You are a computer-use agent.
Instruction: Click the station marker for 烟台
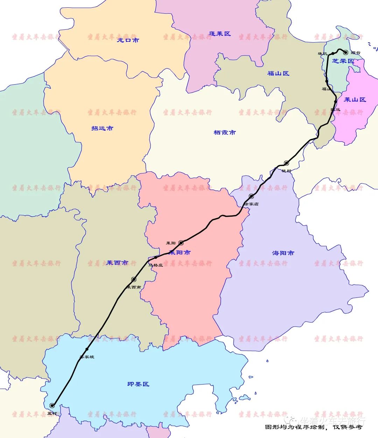pyautogui.click(x=345, y=52)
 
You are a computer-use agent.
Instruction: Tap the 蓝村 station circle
pyautogui.click(x=52, y=405)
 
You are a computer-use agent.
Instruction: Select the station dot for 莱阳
pyautogui.click(x=181, y=243)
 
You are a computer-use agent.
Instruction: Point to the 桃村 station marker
pyautogui.click(x=286, y=163)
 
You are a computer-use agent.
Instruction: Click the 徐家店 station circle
pyautogui.click(x=251, y=196)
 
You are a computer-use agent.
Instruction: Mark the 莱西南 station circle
pyautogui.click(x=134, y=279)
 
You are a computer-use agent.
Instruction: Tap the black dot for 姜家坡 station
pyautogui.click(x=87, y=349)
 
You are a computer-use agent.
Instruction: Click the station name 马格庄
pyautogui.click(x=156, y=265)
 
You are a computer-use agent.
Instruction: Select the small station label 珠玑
pyautogui.click(x=322, y=53)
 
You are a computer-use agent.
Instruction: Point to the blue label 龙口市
pyautogui.click(x=128, y=40)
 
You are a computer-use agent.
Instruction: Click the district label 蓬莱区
pyautogui.click(x=220, y=34)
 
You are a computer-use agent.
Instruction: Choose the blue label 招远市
pyautogui.click(x=102, y=128)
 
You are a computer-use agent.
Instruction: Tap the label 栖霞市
pyautogui.click(x=224, y=132)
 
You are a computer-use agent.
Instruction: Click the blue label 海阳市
pyautogui.click(x=283, y=253)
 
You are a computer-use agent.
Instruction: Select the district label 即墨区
pyautogui.click(x=138, y=384)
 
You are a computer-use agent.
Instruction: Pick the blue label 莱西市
pyautogui.click(x=117, y=263)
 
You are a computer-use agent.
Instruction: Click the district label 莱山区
pyautogui.click(x=355, y=100)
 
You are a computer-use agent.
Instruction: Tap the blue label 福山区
pyautogui.click(x=278, y=73)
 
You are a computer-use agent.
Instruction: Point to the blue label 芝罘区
pyautogui.click(x=343, y=61)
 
